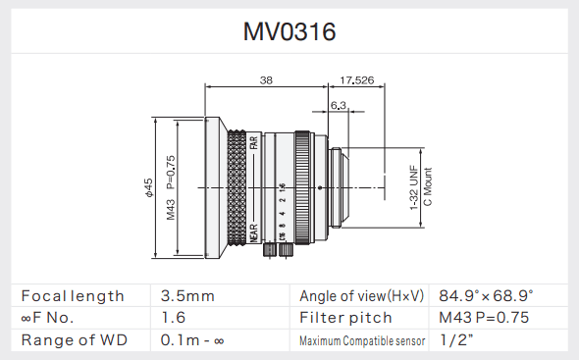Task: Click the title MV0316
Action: click(289, 31)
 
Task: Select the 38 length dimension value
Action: click(267, 80)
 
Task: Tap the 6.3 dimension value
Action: click(340, 104)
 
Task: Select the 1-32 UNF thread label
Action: click(414, 186)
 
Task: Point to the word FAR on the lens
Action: click(253, 144)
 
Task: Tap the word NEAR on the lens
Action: click(253, 232)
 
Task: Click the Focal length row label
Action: click(74, 295)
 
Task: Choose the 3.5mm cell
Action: click(187, 295)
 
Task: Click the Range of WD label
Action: click(75, 340)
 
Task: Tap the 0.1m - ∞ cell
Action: click(192, 340)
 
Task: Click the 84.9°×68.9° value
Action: click(487, 295)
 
